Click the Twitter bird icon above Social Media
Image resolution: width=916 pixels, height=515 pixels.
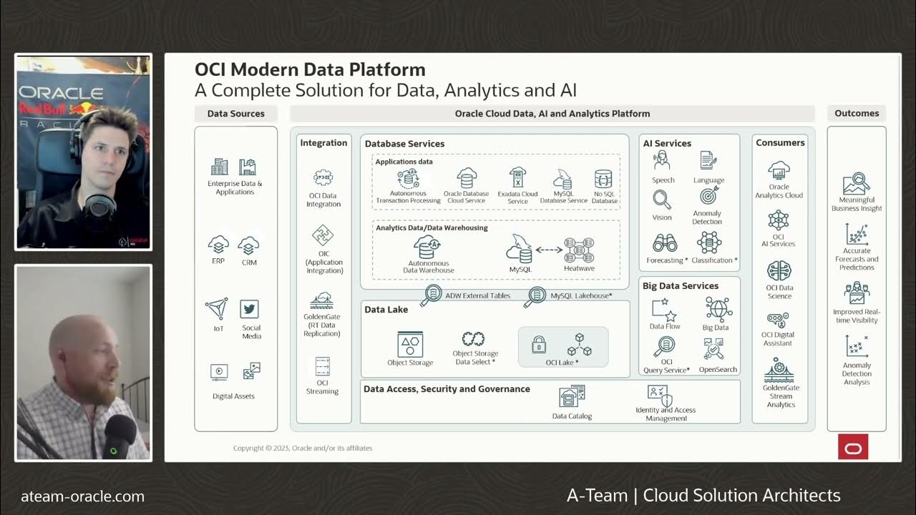tap(249, 309)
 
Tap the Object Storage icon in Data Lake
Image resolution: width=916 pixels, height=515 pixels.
tap(410, 344)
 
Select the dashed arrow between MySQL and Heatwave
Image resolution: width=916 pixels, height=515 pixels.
tap(549, 250)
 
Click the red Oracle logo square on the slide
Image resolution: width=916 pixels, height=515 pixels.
tap(853, 447)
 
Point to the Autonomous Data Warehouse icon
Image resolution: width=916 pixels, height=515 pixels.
tap(428, 247)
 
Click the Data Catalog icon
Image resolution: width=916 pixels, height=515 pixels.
tap(572, 397)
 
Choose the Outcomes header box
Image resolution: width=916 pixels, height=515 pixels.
tap(856, 113)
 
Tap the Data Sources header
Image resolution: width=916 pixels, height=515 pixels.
tap(235, 113)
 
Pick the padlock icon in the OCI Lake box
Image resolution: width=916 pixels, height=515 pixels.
tap(539, 345)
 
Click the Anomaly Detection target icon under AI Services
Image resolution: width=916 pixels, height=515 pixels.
tap(708, 195)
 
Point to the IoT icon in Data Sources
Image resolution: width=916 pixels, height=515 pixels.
tap(217, 309)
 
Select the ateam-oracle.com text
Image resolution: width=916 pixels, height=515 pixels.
tap(82, 496)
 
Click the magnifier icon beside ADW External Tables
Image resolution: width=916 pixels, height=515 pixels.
tap(432, 295)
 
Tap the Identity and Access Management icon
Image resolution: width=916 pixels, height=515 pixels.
tap(659, 395)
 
